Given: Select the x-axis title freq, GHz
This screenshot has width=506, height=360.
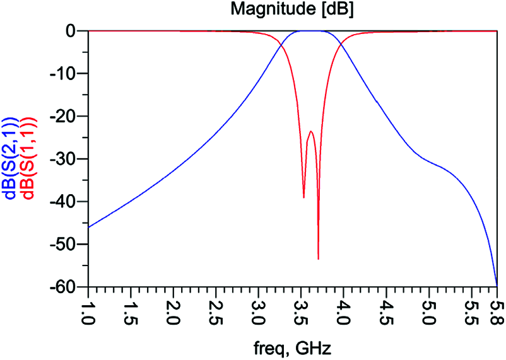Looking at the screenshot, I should coord(292,347).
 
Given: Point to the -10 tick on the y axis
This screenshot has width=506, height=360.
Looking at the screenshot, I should coord(66,74).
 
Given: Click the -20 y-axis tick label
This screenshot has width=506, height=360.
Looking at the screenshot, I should coord(66,117).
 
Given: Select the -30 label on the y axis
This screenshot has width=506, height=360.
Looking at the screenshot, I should coord(66,160).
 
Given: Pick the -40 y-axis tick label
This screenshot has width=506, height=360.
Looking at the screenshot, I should coord(66,202).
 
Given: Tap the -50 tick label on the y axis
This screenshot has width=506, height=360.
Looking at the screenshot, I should coord(66,245).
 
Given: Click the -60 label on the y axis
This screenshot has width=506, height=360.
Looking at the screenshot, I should coord(66,287).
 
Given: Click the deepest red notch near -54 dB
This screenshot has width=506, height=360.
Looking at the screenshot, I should coord(318,258).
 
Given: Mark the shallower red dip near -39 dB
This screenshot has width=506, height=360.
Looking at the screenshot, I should coord(303,197).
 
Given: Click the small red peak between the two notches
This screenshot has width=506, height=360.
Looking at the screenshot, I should coord(311,131).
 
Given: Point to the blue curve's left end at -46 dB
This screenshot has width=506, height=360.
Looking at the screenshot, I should coord(88,227).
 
